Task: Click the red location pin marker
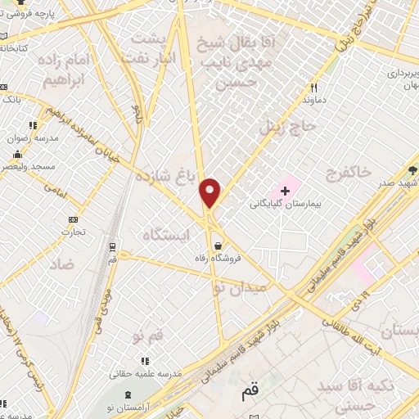[x=210, y=191]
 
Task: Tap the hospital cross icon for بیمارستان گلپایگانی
[x=285, y=191]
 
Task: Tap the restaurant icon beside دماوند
[x=313, y=88]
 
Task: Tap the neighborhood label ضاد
[x=61, y=263]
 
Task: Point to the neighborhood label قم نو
[x=148, y=334]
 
